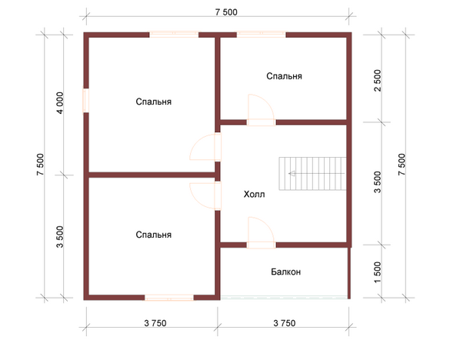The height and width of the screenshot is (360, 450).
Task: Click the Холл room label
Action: click(x=254, y=195)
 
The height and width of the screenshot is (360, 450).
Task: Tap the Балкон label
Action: click(x=285, y=272)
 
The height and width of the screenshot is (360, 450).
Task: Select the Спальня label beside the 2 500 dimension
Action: click(x=284, y=76)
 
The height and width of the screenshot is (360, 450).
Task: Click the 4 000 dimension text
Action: click(x=60, y=103)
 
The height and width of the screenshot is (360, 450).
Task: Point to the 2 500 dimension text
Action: click(x=378, y=80)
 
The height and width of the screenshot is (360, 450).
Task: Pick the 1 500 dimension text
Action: click(x=378, y=272)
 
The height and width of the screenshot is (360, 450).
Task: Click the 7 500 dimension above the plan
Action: click(x=226, y=12)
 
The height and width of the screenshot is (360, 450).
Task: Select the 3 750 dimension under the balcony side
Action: click(x=284, y=323)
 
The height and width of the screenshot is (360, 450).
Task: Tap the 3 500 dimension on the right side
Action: click(x=378, y=182)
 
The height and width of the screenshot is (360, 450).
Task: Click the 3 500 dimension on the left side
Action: click(x=60, y=237)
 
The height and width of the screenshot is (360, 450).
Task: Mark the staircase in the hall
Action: click(x=312, y=173)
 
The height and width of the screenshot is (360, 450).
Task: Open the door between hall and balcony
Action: click(x=261, y=232)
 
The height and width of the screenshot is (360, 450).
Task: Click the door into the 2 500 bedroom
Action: click(x=261, y=110)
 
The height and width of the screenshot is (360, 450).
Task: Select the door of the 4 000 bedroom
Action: click(x=205, y=147)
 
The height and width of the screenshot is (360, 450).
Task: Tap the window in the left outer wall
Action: click(x=86, y=101)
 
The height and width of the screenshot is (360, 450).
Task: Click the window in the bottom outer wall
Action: click(x=169, y=298)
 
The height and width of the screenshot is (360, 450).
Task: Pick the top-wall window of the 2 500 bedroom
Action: click(x=262, y=35)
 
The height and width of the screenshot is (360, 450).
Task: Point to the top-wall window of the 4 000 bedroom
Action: click(x=174, y=35)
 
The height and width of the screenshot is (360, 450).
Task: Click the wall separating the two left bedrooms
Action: click(x=152, y=175)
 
